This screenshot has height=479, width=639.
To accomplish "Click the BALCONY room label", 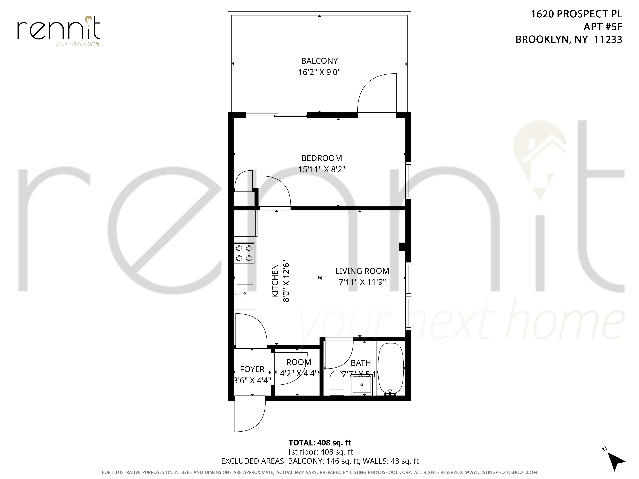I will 319,61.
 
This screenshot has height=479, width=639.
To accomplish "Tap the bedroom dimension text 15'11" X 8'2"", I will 322,169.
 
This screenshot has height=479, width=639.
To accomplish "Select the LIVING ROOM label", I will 362,271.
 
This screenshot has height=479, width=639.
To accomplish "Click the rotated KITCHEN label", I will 275,281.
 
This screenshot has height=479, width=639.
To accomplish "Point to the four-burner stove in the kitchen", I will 244,253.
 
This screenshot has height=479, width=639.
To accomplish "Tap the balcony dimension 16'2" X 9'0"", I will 319,72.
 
